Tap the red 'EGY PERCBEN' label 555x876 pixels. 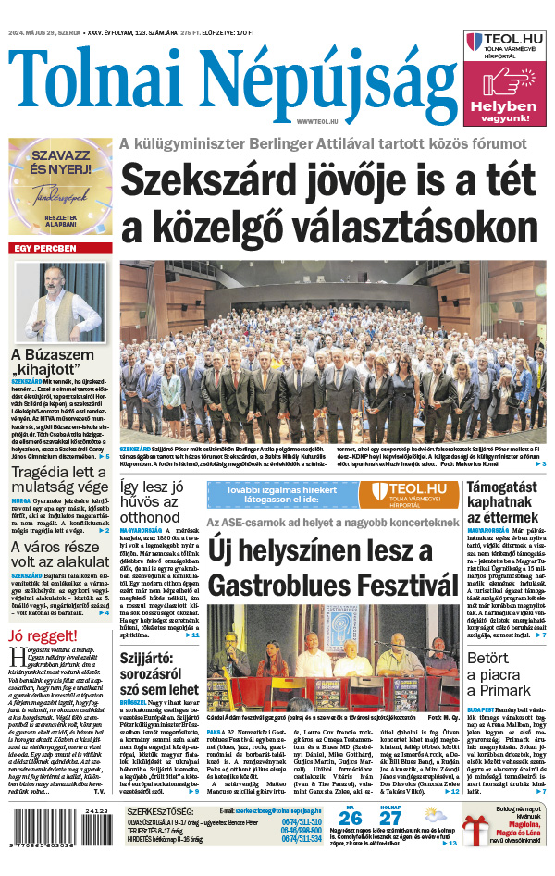point(43,249)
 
